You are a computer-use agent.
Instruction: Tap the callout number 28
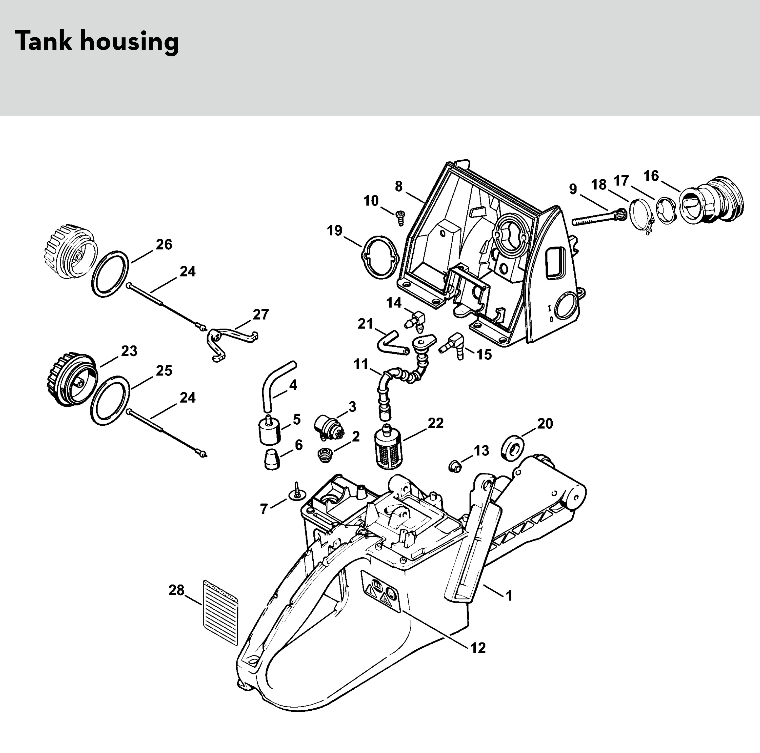click(176, 590)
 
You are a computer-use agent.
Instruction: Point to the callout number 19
click(335, 231)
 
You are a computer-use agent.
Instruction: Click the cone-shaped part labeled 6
click(271, 459)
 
